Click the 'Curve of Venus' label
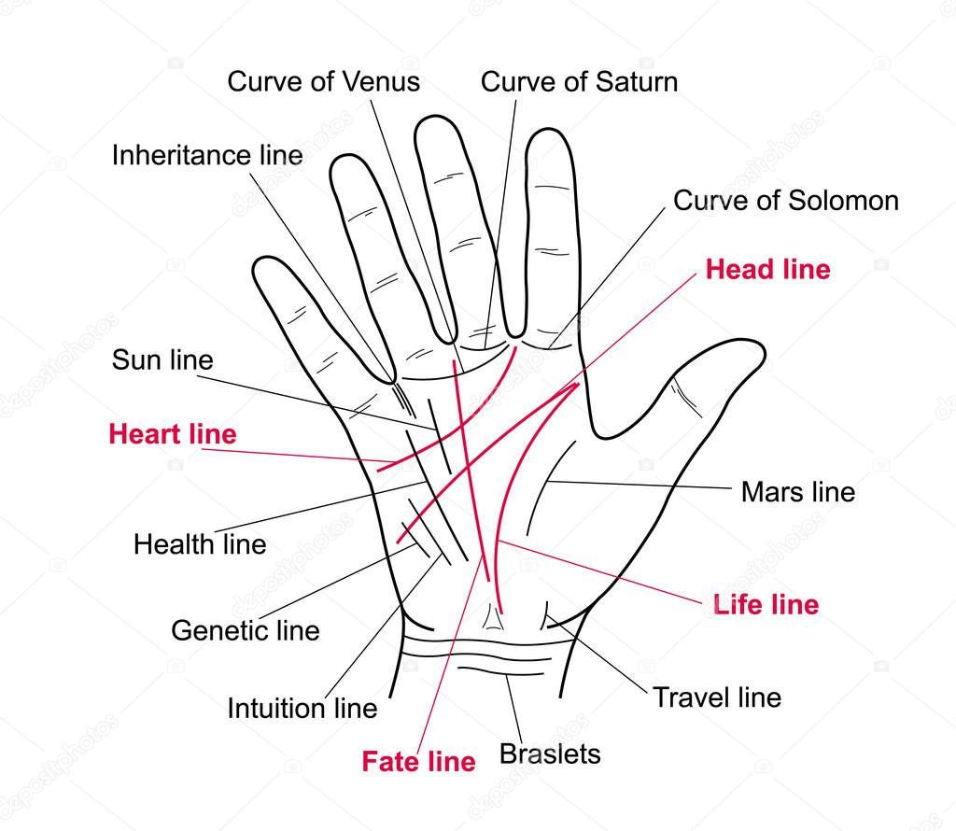click(x=323, y=81)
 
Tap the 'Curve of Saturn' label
click(x=579, y=81)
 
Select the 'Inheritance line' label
click(x=207, y=155)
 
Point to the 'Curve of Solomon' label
click(x=786, y=200)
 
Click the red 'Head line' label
click(x=767, y=269)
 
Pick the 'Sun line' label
click(x=162, y=359)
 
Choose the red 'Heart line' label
click(x=173, y=434)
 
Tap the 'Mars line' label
click(x=798, y=491)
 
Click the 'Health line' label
click(x=200, y=543)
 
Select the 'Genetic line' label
click(x=246, y=630)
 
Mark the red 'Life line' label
click(x=766, y=604)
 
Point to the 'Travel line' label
click(x=717, y=697)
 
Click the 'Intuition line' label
click(x=302, y=708)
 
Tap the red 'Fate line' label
click(x=418, y=762)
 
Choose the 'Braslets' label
click(x=550, y=754)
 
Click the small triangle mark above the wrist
click(x=493, y=616)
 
